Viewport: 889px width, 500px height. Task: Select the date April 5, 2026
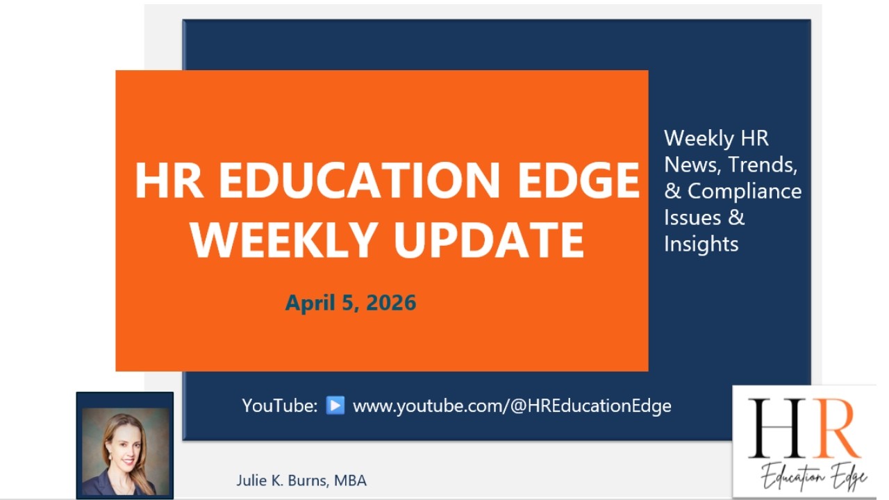[x=351, y=303]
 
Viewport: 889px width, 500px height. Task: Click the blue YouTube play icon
[x=335, y=405]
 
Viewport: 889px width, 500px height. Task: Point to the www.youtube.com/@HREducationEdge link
[x=512, y=406]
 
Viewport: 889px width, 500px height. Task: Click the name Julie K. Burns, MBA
[x=301, y=481]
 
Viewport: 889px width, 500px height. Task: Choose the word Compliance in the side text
[x=745, y=191]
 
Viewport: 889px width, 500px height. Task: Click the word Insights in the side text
[x=701, y=244]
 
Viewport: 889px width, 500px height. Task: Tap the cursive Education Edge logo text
[x=813, y=477]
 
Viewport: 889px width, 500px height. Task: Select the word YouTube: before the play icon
[x=280, y=406]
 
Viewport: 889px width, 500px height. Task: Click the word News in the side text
[x=692, y=165]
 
